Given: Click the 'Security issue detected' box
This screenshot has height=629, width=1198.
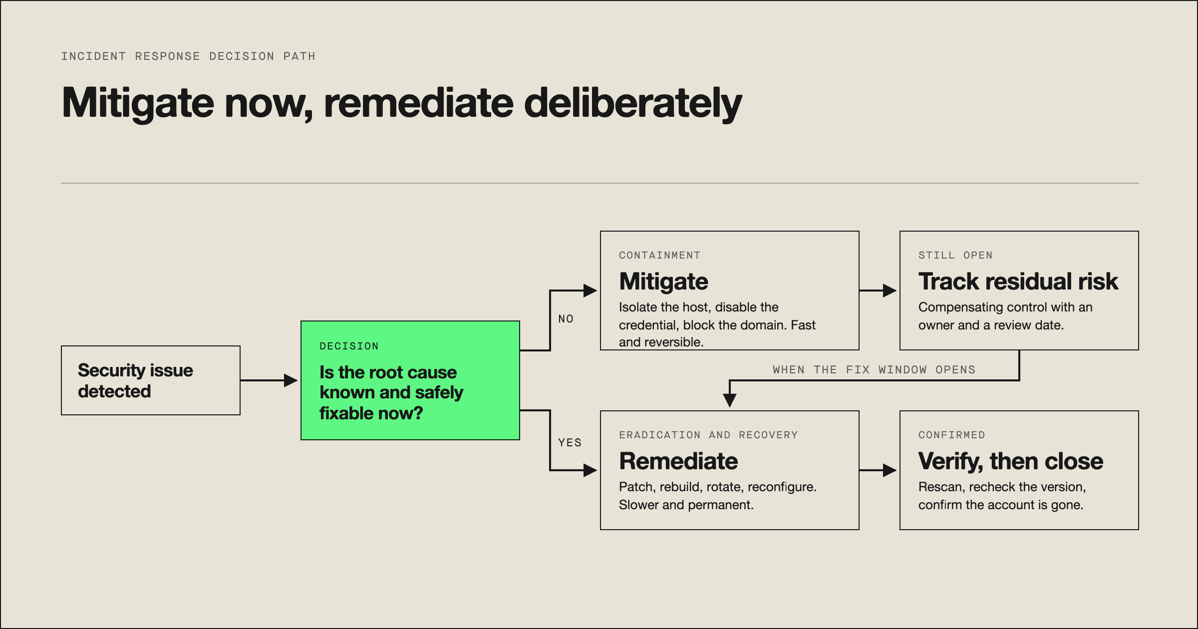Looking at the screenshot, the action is [x=151, y=380].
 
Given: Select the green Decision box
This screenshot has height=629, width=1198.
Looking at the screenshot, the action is [x=410, y=380].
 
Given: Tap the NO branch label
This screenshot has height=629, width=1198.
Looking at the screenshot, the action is [x=566, y=319].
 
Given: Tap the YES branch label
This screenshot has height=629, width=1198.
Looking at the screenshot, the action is [x=570, y=443].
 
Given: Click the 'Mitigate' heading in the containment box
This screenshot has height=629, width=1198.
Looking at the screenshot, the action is [x=663, y=282].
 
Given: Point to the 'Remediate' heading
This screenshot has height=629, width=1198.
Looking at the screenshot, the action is [x=678, y=461].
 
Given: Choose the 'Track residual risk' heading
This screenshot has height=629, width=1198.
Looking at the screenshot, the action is [x=1018, y=282].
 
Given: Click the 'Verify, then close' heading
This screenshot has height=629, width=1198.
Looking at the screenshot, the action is [x=1011, y=461].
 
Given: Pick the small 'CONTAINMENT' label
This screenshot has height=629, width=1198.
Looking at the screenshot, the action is [x=660, y=255].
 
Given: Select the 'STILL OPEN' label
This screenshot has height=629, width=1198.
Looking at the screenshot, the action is [x=955, y=255].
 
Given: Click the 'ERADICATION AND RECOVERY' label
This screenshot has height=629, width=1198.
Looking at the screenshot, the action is [x=708, y=435].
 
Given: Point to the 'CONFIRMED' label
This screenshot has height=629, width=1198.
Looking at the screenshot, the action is [x=952, y=435].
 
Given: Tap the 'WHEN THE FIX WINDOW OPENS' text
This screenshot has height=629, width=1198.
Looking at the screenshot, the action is [x=874, y=370].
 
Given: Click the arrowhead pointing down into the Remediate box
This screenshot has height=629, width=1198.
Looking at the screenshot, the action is [x=730, y=400].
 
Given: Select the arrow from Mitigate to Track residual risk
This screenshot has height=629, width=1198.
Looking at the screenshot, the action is [x=878, y=291].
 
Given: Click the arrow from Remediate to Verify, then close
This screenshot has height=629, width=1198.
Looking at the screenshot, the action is [x=878, y=470].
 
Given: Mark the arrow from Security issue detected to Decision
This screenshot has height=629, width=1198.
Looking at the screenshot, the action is [x=269, y=380].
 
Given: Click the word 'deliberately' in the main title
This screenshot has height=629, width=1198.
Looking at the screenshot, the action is [x=633, y=103].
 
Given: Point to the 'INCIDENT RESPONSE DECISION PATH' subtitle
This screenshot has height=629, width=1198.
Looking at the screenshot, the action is [x=188, y=56].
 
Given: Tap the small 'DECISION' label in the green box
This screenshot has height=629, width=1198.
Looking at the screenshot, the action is [x=349, y=346].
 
